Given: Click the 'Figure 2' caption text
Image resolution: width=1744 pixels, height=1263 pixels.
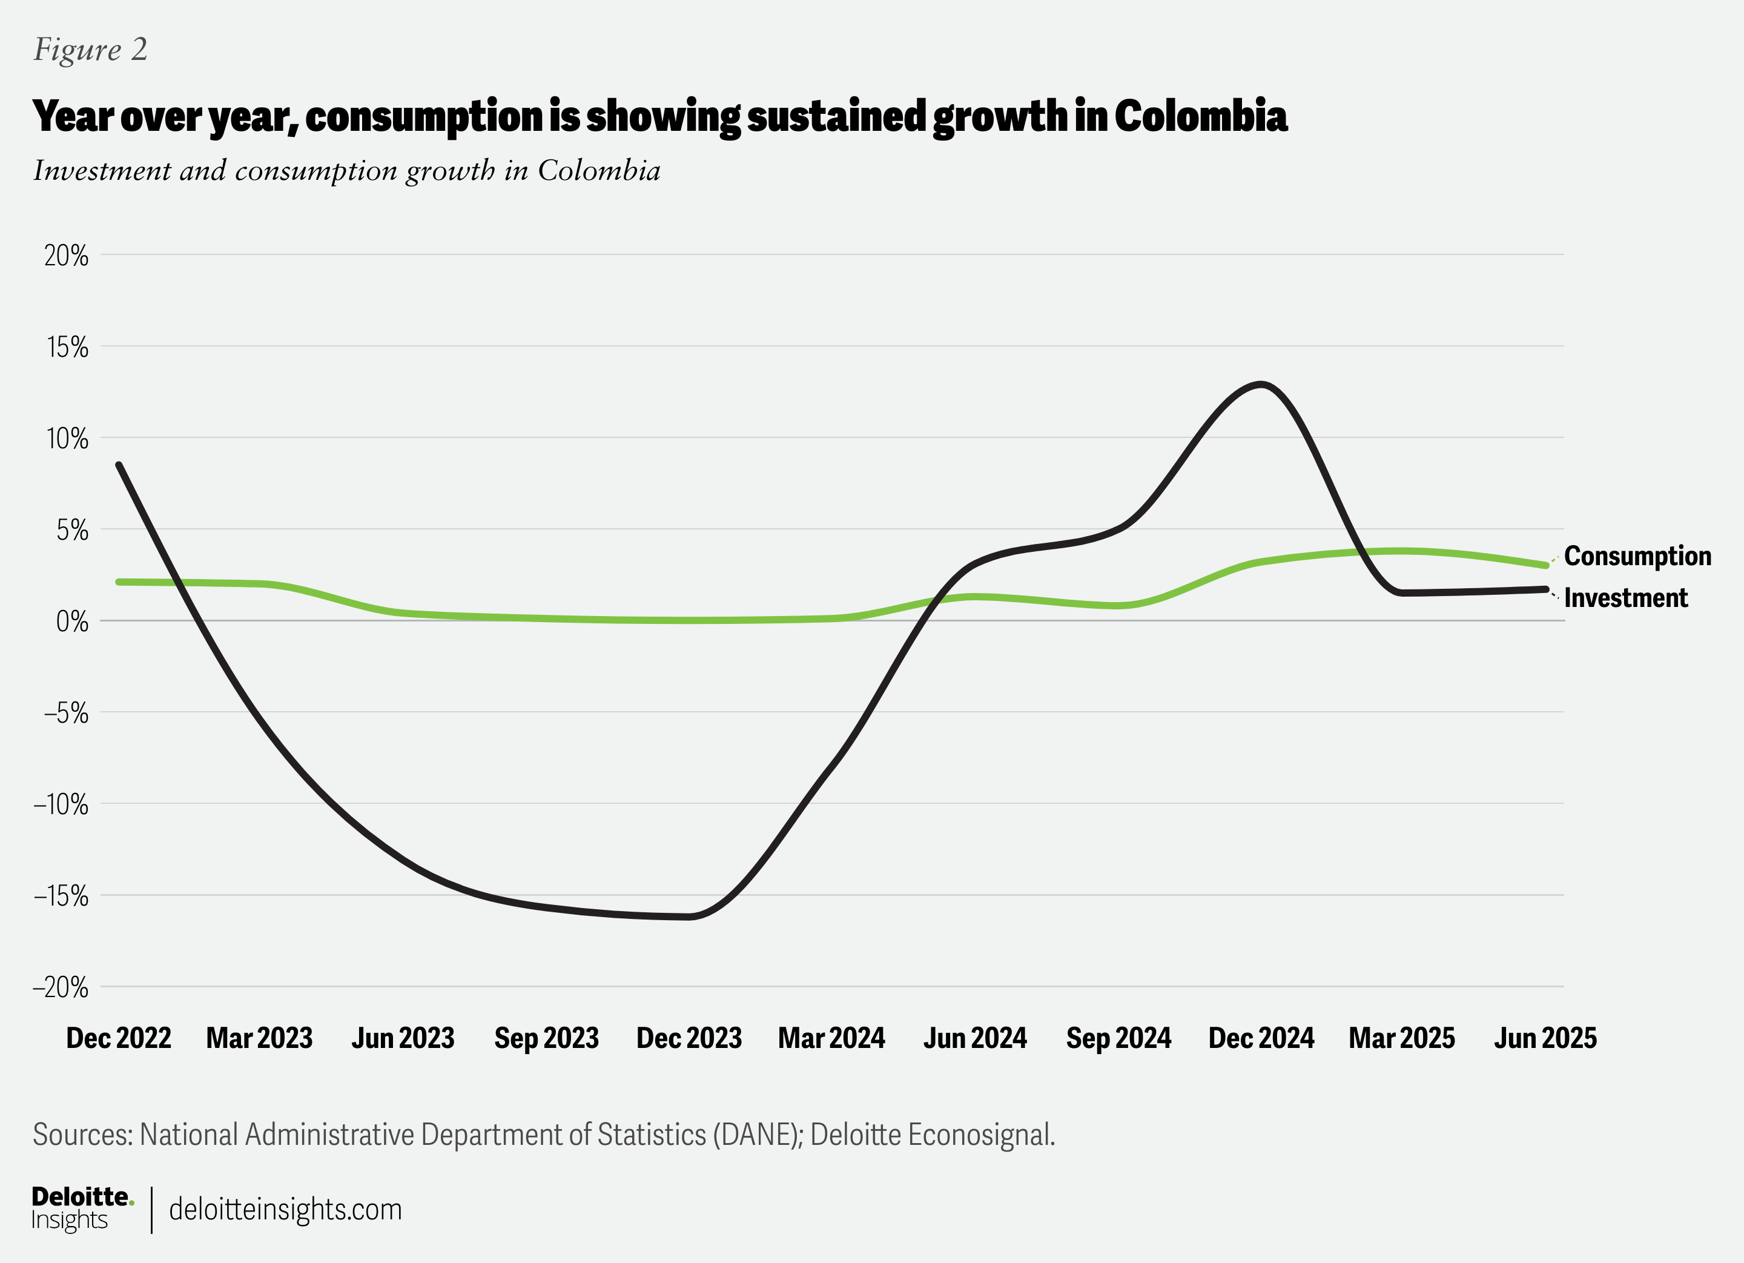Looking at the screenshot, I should pos(90,50).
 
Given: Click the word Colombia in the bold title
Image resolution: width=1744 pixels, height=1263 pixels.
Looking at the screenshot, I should pos(1200,117).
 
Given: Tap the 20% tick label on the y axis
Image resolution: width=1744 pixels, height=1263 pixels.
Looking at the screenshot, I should pos(66,256).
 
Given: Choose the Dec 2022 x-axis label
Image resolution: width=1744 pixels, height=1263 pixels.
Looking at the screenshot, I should pos(119,1038).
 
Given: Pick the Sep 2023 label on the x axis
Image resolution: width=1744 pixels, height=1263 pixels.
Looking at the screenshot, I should pos(546,1038).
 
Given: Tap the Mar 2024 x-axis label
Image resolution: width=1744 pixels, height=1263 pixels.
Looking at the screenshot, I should pos(831,1038).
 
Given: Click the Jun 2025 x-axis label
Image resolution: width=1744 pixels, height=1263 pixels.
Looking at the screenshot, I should pos(1545,1038).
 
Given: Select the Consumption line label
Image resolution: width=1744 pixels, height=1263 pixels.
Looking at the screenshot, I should pos(1637,556).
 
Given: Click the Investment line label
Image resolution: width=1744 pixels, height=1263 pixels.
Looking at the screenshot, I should pos(1625,598).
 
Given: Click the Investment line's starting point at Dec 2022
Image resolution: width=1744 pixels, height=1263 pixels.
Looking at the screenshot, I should pos(119,465).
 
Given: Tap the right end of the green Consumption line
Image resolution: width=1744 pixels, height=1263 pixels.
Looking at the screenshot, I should pos(1545,565).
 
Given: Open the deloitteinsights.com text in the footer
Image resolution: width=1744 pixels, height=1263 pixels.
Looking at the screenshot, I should pos(285,1209).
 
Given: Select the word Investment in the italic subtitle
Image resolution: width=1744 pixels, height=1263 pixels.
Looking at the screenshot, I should pos(102,171).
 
